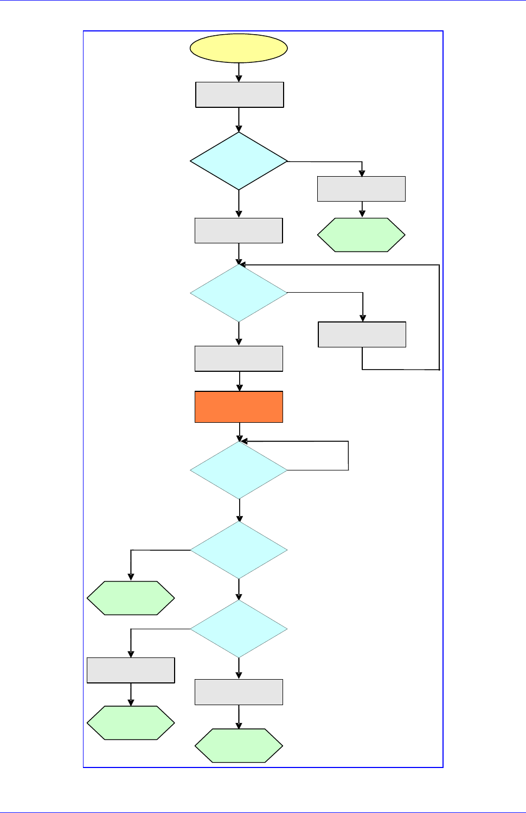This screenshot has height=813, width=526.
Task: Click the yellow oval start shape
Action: [x=239, y=48]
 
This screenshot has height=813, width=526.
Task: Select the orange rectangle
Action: [x=239, y=406]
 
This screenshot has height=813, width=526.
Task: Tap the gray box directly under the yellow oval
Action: [x=239, y=95]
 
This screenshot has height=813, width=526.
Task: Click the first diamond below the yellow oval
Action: [x=239, y=161]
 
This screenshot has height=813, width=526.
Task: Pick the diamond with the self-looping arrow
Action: [x=239, y=470]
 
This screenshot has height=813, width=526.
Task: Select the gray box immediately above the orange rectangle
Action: [x=239, y=359]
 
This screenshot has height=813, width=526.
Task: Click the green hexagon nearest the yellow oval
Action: [x=361, y=235]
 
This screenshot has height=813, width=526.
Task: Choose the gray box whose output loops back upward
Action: [x=362, y=334]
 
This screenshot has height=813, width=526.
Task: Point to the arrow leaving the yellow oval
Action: [x=239, y=72]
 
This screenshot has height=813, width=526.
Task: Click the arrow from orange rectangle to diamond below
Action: [x=239, y=432]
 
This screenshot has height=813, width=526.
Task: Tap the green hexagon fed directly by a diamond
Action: [x=131, y=598]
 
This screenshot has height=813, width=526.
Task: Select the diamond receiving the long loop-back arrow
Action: [x=239, y=293]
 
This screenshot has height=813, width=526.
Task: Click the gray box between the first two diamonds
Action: [x=239, y=230]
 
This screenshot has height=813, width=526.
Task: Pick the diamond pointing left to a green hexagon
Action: [x=239, y=550]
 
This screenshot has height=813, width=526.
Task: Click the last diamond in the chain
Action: [x=239, y=629]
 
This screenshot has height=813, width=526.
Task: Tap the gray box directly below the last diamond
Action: [x=239, y=692]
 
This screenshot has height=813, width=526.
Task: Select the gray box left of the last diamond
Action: [x=131, y=670]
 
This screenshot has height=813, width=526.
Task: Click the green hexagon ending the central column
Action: [x=239, y=746]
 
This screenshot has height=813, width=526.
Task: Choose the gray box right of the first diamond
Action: [x=361, y=189]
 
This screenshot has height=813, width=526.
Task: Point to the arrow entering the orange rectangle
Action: [x=239, y=381]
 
